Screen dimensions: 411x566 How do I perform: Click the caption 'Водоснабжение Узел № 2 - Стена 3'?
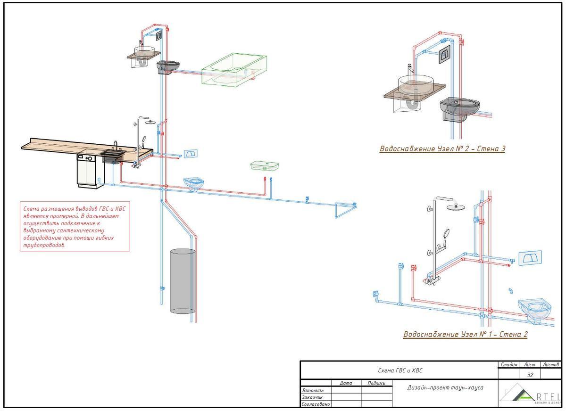click(442, 149)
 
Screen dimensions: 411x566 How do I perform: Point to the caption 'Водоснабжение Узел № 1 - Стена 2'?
click(465, 334)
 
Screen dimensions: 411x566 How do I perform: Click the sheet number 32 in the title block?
click(530, 375)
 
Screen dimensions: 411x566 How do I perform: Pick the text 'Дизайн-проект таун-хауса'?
click(445, 387)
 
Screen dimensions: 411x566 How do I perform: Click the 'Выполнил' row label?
click(312, 390)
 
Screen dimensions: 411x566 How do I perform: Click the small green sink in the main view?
click(265, 165)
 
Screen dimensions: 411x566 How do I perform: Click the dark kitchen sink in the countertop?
click(112, 155)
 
